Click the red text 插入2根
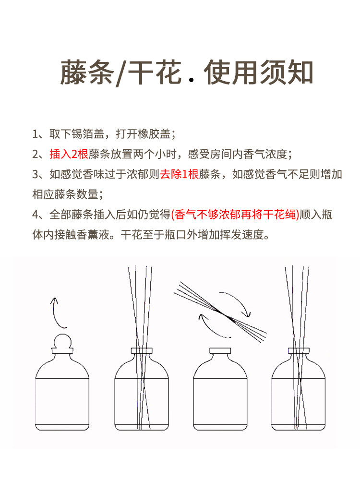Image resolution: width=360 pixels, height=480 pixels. click(x=69, y=154)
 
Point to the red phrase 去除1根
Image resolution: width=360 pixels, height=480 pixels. click(x=179, y=174)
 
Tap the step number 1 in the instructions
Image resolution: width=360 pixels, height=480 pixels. click(x=35, y=133)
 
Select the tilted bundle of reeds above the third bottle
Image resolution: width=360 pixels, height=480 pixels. click(x=222, y=312)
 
